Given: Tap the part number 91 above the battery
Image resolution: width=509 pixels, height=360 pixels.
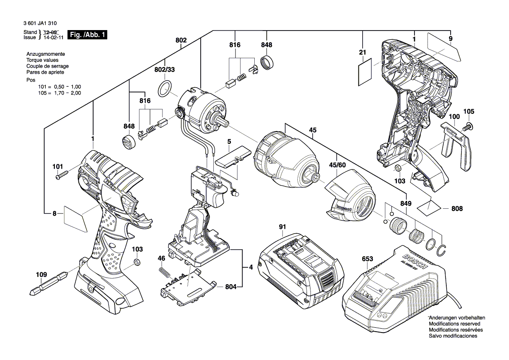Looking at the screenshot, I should [x=282, y=227].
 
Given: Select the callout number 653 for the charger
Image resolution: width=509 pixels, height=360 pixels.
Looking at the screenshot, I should [x=367, y=259].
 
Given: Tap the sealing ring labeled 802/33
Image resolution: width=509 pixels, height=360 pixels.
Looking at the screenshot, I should [x=164, y=88].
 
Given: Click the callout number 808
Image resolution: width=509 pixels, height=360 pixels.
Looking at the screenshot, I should [x=457, y=209].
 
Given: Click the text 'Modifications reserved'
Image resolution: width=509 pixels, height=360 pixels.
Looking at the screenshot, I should [x=455, y=324].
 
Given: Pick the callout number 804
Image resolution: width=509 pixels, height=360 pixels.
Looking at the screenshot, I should [x=231, y=287].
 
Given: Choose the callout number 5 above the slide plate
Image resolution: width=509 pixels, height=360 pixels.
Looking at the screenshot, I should [x=229, y=141].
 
